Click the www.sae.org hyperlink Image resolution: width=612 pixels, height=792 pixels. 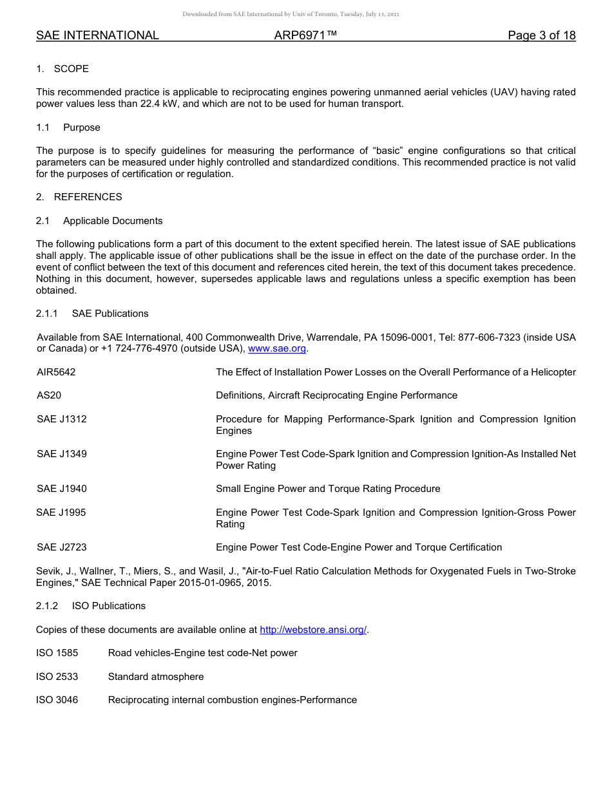click(x=276, y=348)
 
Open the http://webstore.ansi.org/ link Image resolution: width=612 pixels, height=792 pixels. click(x=312, y=629)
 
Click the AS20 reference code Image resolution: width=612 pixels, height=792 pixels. click(x=49, y=395)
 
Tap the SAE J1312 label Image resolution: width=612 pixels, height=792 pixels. click(x=61, y=419)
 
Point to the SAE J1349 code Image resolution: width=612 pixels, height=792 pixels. click(x=61, y=454)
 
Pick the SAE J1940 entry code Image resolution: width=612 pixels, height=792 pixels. click(x=61, y=489)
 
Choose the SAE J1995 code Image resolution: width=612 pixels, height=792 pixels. click(x=61, y=513)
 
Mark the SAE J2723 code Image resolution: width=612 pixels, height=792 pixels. click(x=61, y=547)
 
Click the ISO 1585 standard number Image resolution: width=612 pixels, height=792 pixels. click(x=57, y=653)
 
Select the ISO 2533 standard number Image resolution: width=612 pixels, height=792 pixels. click(x=57, y=677)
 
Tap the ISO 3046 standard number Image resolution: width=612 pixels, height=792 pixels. click(x=57, y=700)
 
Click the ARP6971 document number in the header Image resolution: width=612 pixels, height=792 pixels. click(x=305, y=35)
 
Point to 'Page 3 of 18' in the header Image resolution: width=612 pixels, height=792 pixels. click(x=541, y=35)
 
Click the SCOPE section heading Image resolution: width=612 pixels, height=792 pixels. click(x=71, y=69)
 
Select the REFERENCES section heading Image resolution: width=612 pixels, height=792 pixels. click(x=88, y=197)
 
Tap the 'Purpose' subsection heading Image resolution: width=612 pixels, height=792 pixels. click(x=81, y=127)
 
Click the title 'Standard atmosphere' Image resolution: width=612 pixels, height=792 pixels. click(x=155, y=677)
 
